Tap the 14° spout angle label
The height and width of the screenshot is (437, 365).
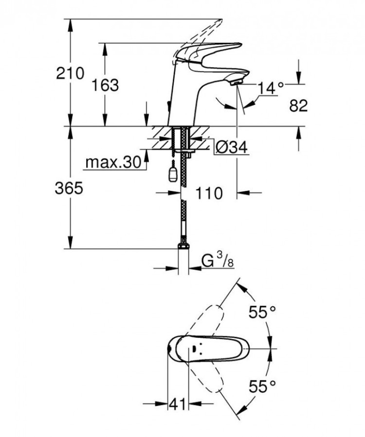click(270, 88)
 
